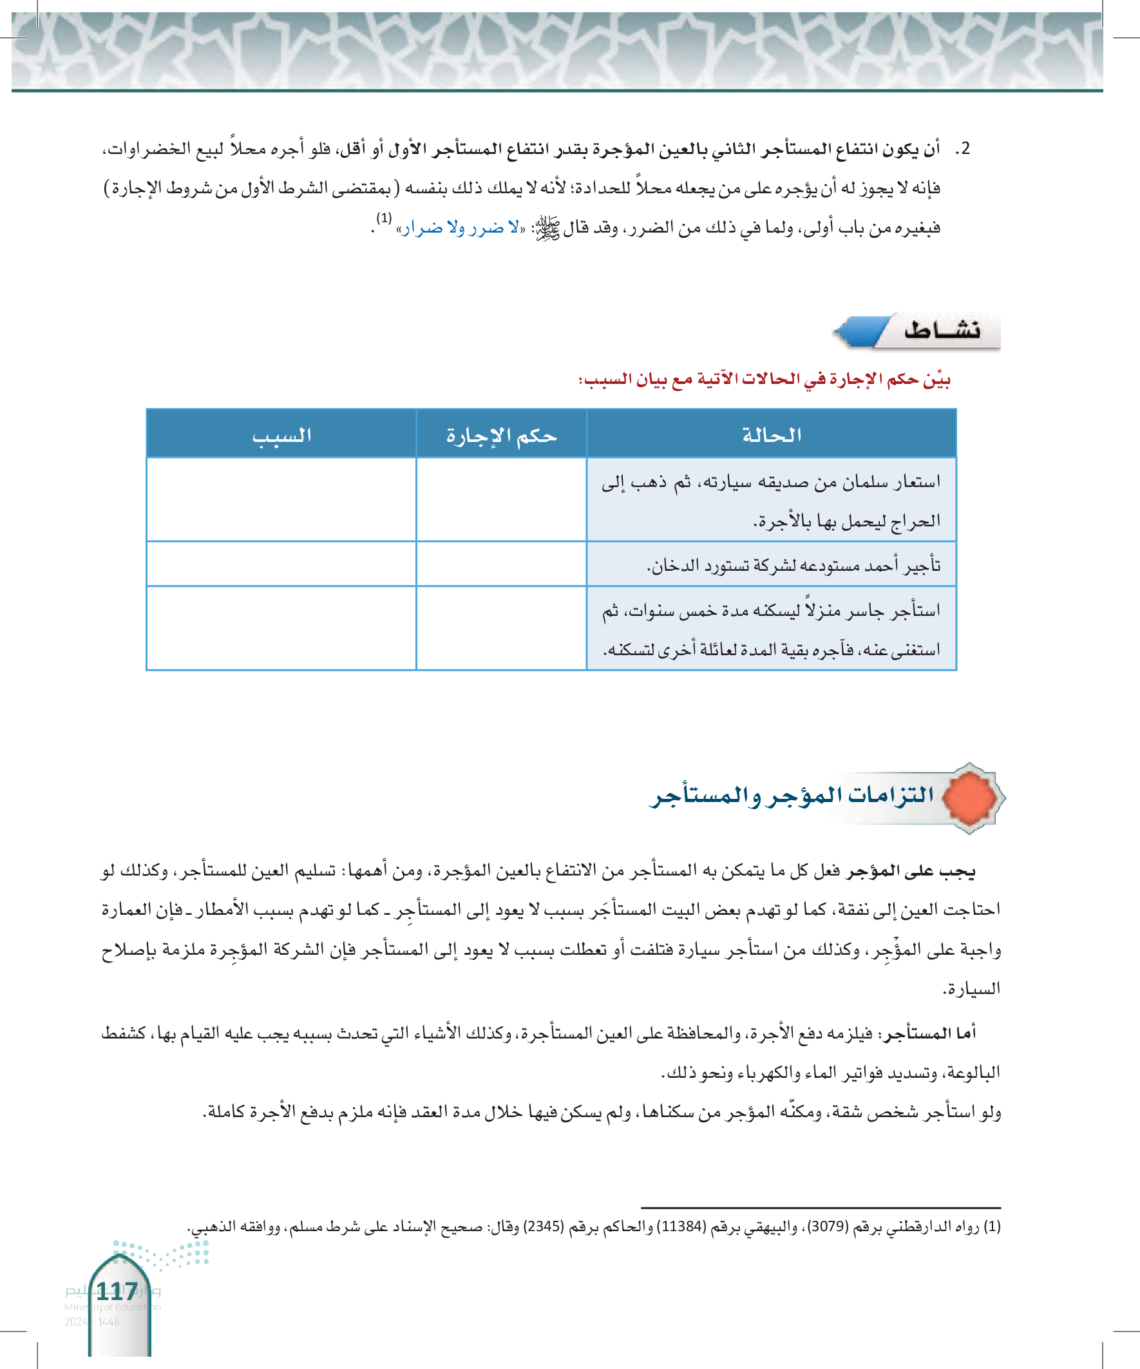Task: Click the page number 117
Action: (x=117, y=1292)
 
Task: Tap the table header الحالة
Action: (x=772, y=435)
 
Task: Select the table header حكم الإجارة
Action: (x=501, y=435)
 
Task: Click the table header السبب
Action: (x=281, y=435)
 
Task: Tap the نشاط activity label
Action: (x=942, y=330)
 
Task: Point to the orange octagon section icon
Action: (x=970, y=798)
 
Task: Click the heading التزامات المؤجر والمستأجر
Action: (x=792, y=796)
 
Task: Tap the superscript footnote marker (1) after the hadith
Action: (x=384, y=218)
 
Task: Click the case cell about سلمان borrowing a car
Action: (x=772, y=500)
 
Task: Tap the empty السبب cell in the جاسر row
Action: (x=281, y=628)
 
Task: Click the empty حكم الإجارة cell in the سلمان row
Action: (x=501, y=500)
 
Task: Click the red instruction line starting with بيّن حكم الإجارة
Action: (x=764, y=379)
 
